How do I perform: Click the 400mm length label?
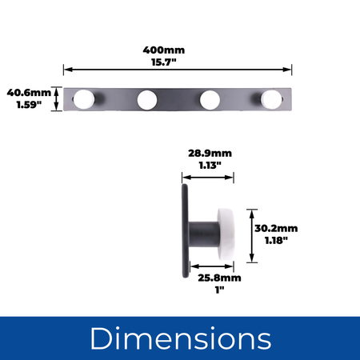(x=164, y=50)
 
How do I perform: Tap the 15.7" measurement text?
(x=164, y=62)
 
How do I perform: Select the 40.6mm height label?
(x=29, y=93)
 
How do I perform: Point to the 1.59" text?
(x=29, y=105)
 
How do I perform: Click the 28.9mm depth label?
(x=210, y=154)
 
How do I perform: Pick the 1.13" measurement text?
(x=210, y=166)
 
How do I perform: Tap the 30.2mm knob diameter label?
(x=276, y=229)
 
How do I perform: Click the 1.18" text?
(x=276, y=241)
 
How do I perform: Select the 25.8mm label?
(x=219, y=278)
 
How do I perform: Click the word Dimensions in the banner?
(x=181, y=338)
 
